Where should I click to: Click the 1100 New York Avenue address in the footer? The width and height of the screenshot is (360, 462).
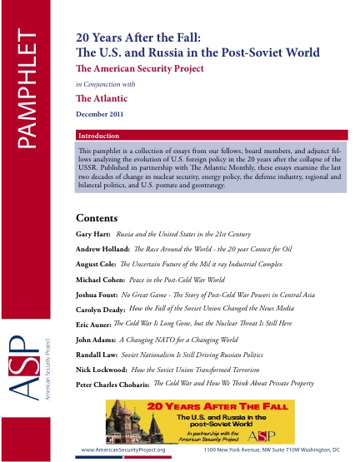(x=273, y=450)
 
